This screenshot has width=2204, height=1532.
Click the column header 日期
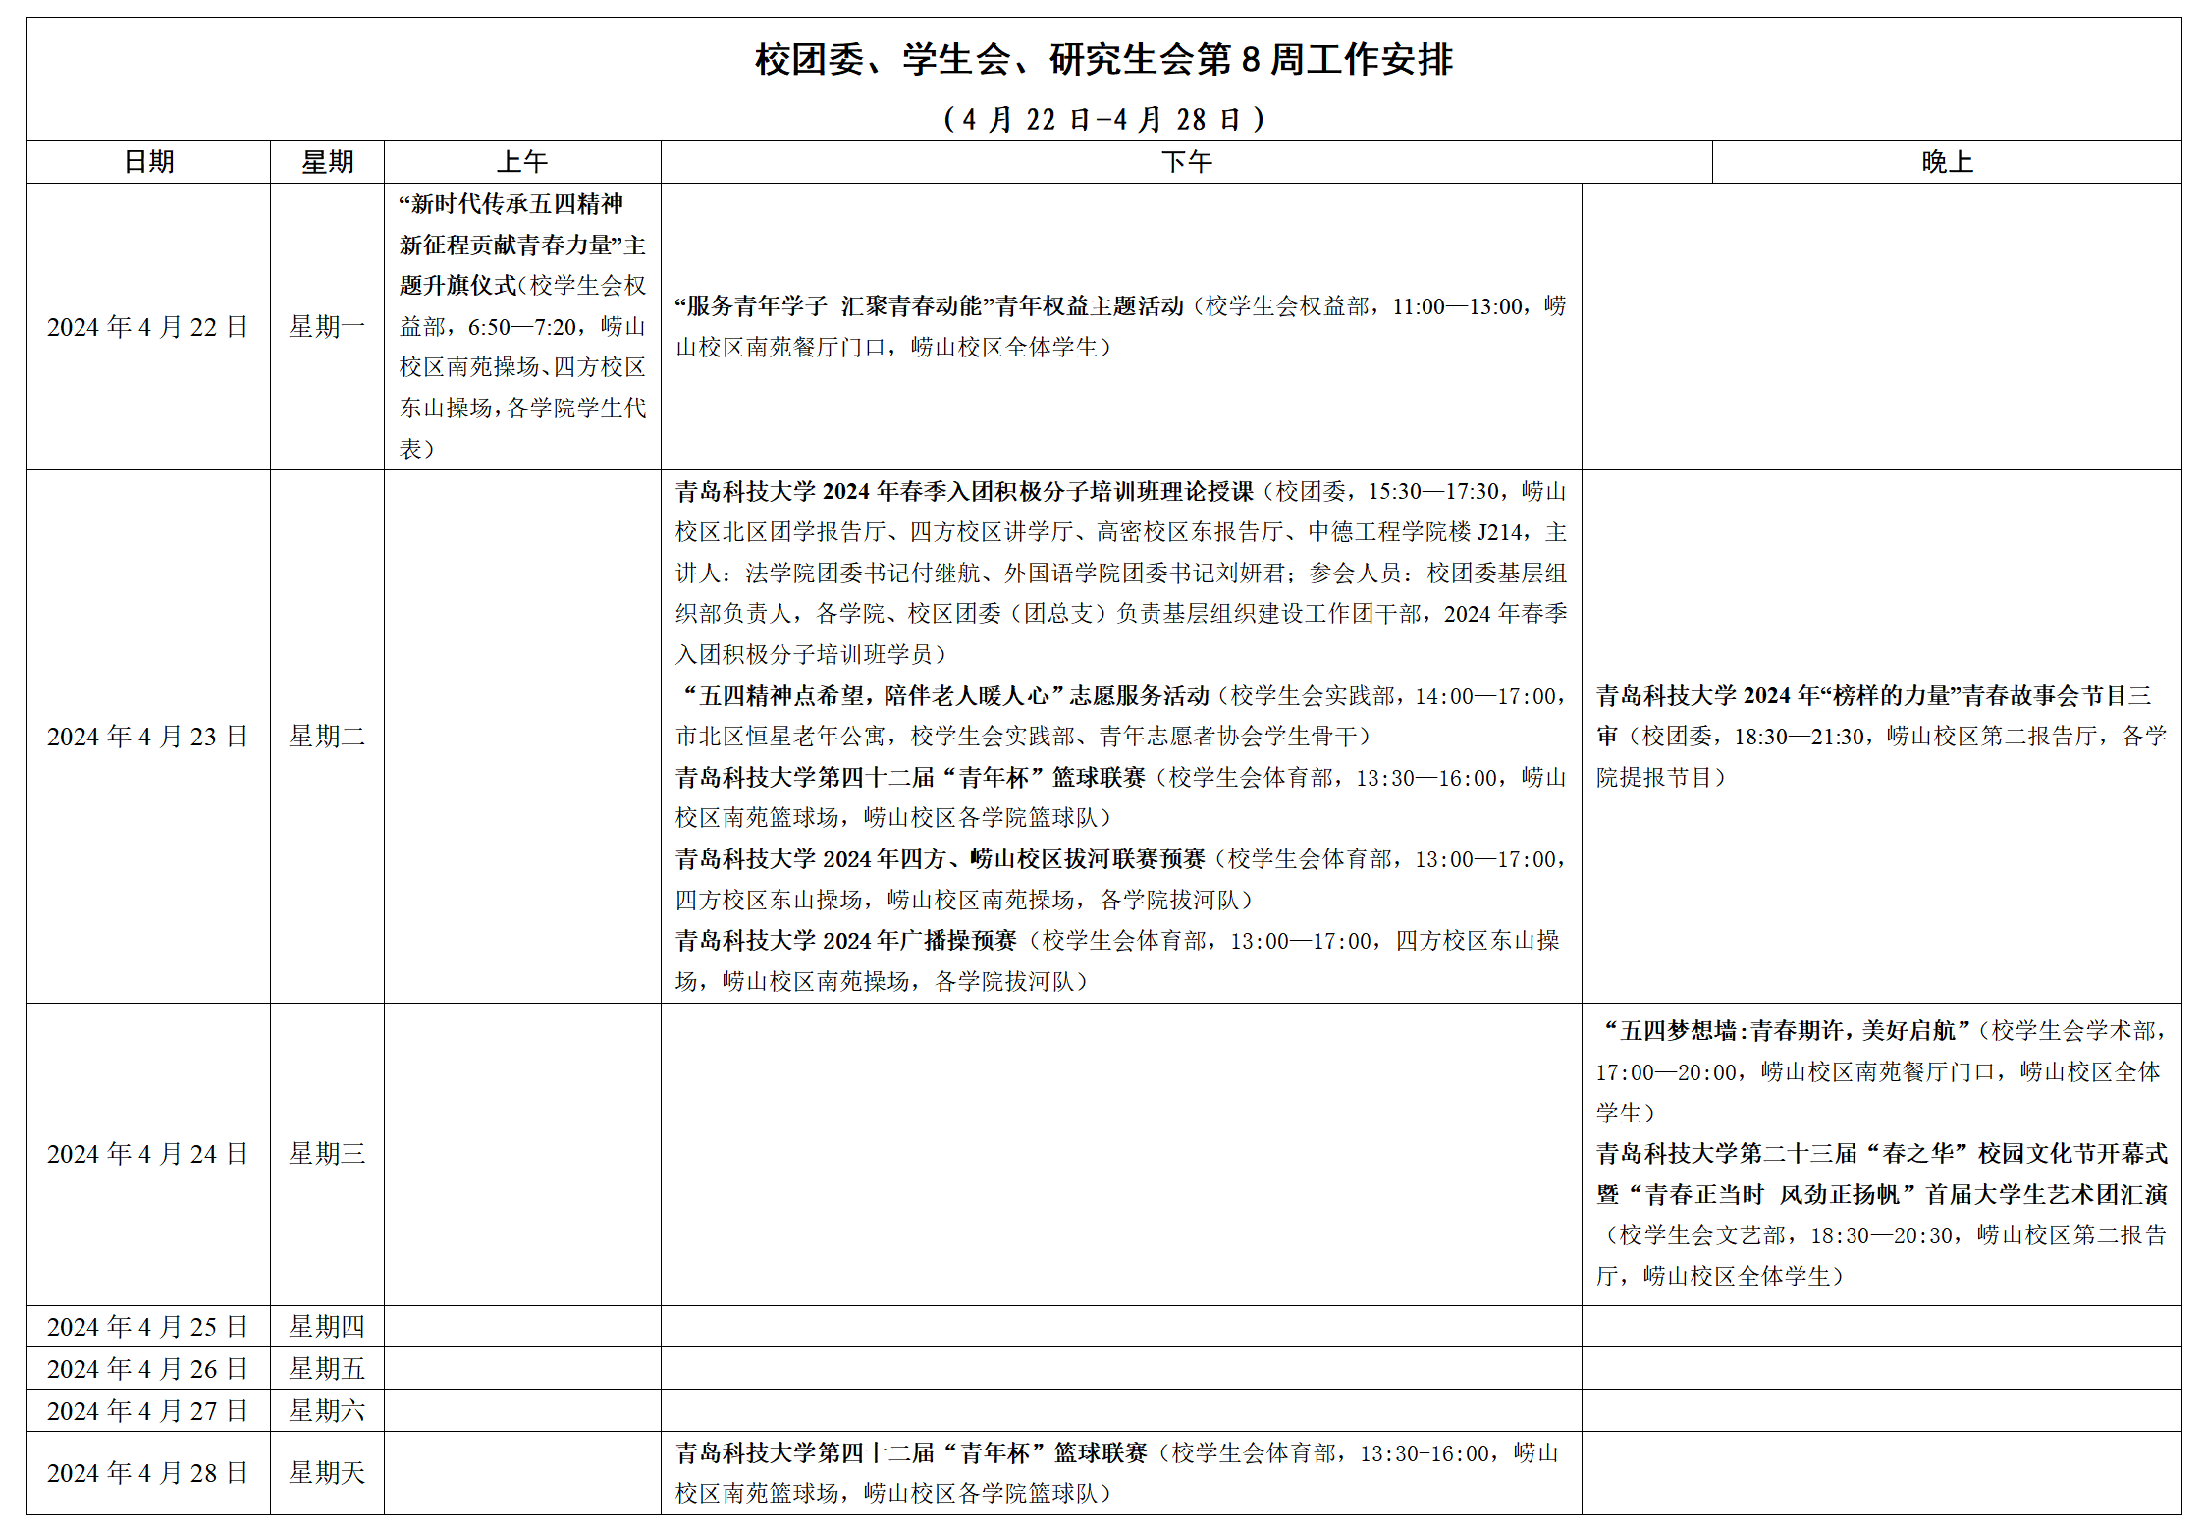tap(149, 162)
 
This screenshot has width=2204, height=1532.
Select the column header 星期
tap(327, 162)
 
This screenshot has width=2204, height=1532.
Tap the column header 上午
tap(522, 162)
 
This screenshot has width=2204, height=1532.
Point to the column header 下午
tap(1186, 162)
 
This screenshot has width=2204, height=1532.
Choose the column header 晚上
tap(1947, 162)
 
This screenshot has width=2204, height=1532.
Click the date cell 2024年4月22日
tap(148, 327)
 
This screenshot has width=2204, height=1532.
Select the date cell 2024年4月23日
tap(148, 737)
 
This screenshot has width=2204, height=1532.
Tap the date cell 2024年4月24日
tap(148, 1154)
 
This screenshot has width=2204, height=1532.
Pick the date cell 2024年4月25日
tap(148, 1327)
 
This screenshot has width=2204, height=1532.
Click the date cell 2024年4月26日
tap(148, 1369)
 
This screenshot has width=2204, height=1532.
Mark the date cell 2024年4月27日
tap(148, 1411)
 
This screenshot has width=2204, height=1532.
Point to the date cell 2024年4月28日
tap(148, 1473)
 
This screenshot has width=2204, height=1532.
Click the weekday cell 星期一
tap(327, 327)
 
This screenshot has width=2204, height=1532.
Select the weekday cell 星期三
tap(327, 1154)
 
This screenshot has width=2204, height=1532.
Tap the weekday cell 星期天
tap(327, 1473)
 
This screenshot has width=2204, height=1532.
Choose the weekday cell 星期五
tap(327, 1369)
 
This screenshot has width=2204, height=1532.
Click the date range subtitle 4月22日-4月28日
tap(1103, 120)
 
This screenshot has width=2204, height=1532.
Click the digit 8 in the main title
tap(1251, 60)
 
